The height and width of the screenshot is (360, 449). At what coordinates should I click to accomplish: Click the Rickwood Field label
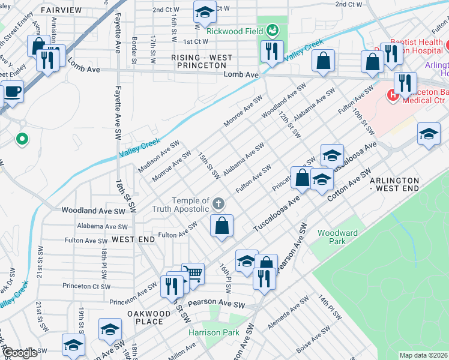235,30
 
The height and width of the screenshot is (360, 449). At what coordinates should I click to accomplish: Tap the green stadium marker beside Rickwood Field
273,29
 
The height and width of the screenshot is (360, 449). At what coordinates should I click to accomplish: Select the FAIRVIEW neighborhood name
61,11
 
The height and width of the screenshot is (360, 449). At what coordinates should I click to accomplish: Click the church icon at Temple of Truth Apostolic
219,204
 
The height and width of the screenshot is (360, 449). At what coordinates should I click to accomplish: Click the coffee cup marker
13,92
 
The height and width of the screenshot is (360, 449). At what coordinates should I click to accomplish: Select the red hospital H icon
393,94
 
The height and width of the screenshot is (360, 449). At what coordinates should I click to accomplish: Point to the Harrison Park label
214,332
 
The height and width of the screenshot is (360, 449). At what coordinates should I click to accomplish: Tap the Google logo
20,353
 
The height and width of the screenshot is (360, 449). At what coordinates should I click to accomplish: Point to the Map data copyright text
423,355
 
